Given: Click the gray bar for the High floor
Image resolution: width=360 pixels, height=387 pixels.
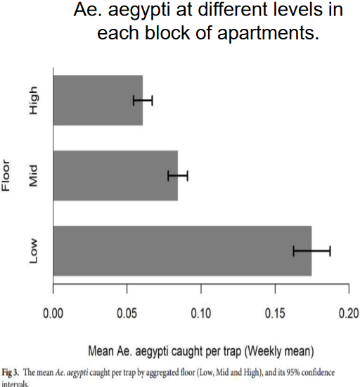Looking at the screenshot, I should coord(98,101).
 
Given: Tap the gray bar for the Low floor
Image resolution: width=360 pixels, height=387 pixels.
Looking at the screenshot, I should coord(182,250).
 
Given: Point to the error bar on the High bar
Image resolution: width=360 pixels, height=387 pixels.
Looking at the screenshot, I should coord(143,101).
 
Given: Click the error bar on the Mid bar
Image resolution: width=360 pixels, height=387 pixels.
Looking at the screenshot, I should coord(178,175).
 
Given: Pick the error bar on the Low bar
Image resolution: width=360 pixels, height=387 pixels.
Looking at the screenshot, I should coord(311,250).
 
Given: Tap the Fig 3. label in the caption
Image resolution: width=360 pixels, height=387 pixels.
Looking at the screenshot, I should coord(12,372).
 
